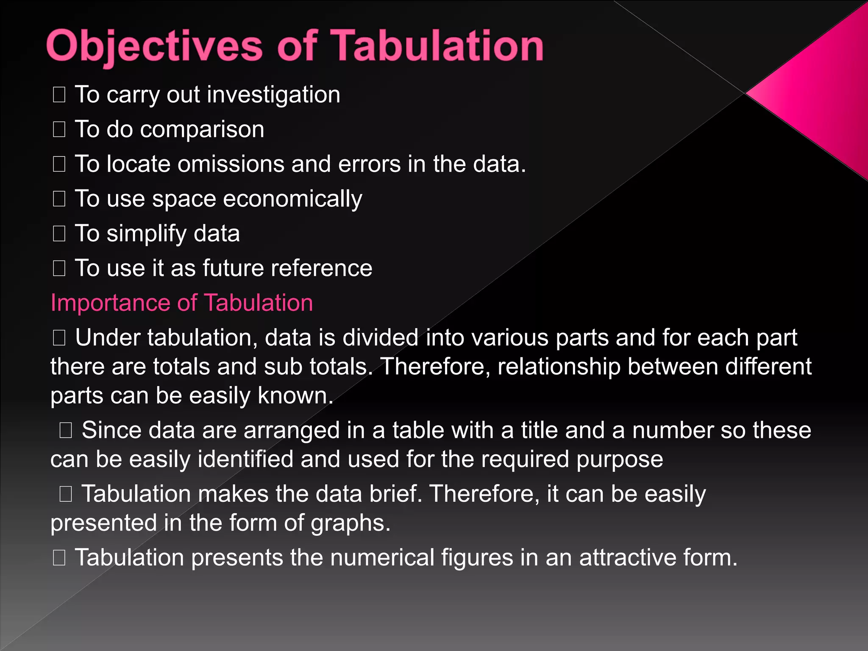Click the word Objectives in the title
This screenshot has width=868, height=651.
pyautogui.click(x=155, y=47)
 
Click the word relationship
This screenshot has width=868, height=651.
pyautogui.click(x=559, y=367)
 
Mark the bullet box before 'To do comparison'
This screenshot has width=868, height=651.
pyautogui.click(x=59, y=130)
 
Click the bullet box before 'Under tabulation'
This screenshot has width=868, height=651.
pyautogui.click(x=59, y=338)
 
